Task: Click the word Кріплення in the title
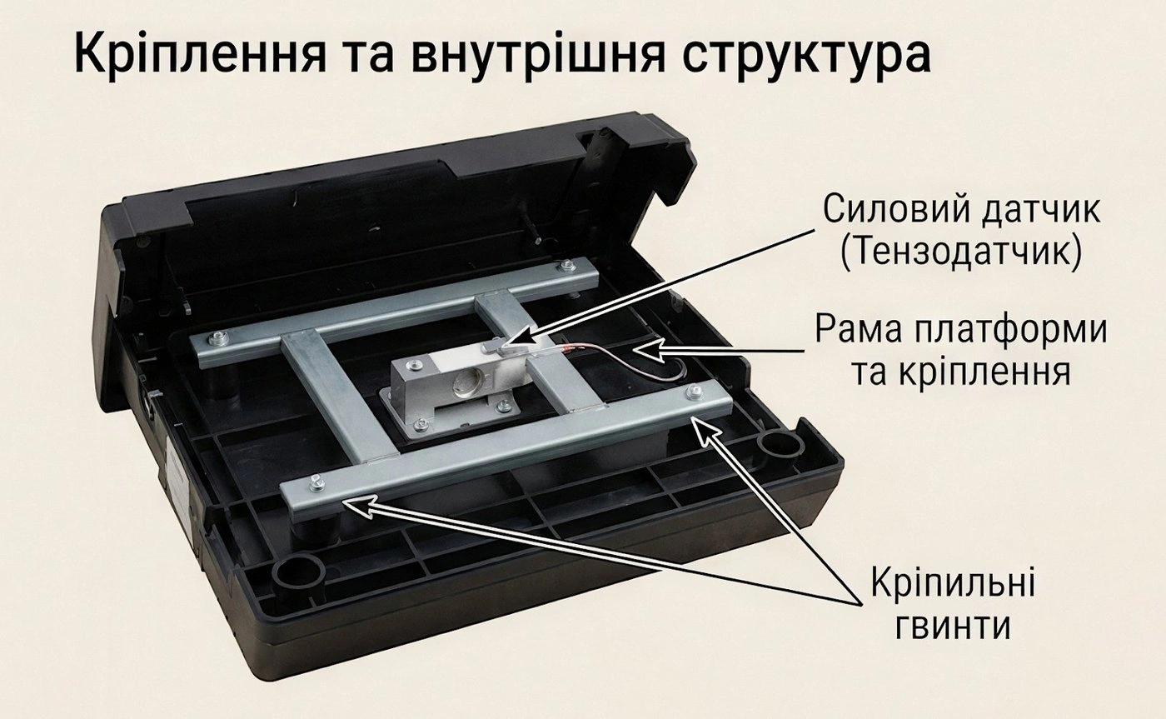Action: click(201, 52)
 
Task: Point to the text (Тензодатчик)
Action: click(961, 252)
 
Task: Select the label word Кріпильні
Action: click(954, 585)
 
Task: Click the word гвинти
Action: click(953, 628)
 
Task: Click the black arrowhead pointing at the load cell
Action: click(521, 337)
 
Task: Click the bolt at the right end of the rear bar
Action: click(566, 267)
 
